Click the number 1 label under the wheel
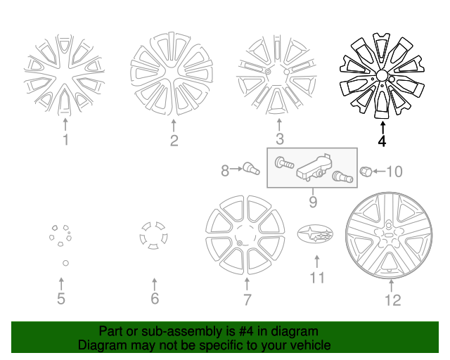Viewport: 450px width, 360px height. [65, 141]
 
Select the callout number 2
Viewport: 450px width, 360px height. [174, 141]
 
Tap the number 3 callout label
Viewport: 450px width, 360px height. [279, 139]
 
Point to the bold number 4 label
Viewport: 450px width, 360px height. [382, 141]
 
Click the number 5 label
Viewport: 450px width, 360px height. [61, 300]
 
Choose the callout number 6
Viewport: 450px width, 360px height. [155, 300]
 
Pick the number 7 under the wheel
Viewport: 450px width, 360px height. [247, 301]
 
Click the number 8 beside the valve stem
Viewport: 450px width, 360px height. [226, 170]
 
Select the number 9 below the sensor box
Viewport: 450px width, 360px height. [312, 203]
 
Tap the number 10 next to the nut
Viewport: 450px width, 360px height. [394, 172]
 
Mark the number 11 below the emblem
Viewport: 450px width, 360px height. [317, 277]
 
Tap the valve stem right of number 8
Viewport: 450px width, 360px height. [250, 169]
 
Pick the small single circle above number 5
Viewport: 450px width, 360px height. [64, 263]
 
